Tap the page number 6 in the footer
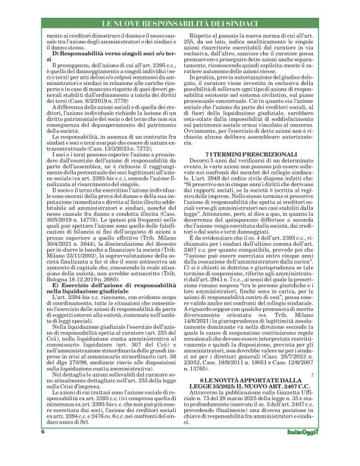[x=42, y=448]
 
